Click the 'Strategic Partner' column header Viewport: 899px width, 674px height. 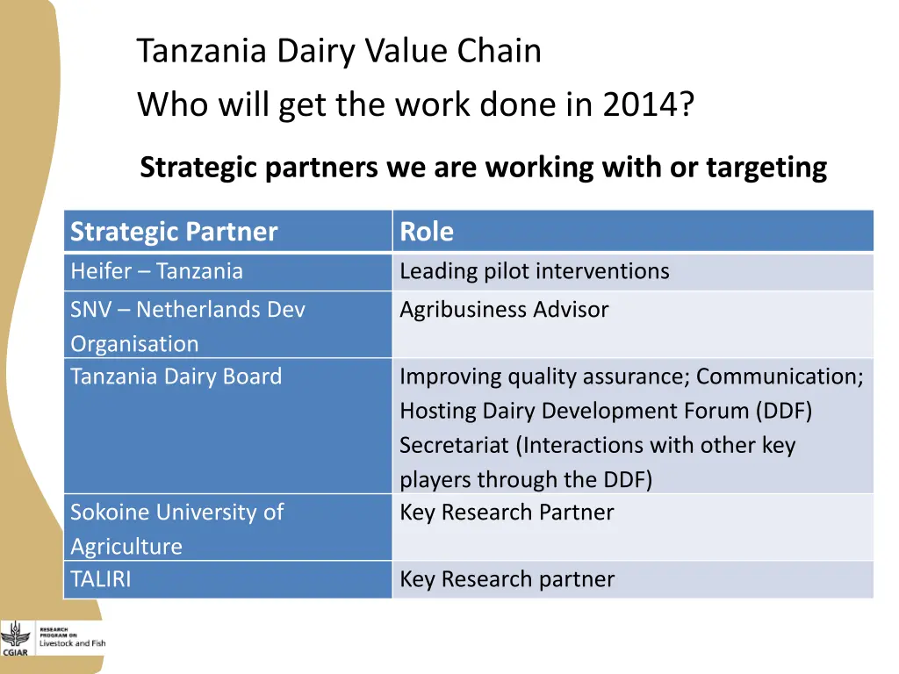[x=174, y=232]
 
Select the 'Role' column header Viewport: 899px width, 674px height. [x=427, y=232]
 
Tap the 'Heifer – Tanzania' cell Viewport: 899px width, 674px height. [x=156, y=271]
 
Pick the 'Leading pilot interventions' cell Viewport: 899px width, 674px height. [x=534, y=271]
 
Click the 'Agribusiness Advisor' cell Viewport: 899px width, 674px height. [x=504, y=310]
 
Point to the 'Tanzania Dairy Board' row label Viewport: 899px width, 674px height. [x=176, y=376]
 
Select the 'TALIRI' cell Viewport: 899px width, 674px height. [x=100, y=579]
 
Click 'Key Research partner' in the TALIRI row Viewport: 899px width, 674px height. [x=507, y=579]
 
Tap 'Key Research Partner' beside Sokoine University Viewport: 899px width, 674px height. [x=507, y=513]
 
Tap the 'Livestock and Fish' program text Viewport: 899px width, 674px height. [x=72, y=643]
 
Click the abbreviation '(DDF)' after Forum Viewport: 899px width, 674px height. [x=781, y=411]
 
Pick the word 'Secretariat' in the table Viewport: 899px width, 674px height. [x=454, y=445]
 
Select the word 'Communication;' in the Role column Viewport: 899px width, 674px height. [x=780, y=376]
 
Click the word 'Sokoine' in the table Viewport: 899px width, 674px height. [x=110, y=513]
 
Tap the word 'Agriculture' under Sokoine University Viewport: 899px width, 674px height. [x=126, y=547]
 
